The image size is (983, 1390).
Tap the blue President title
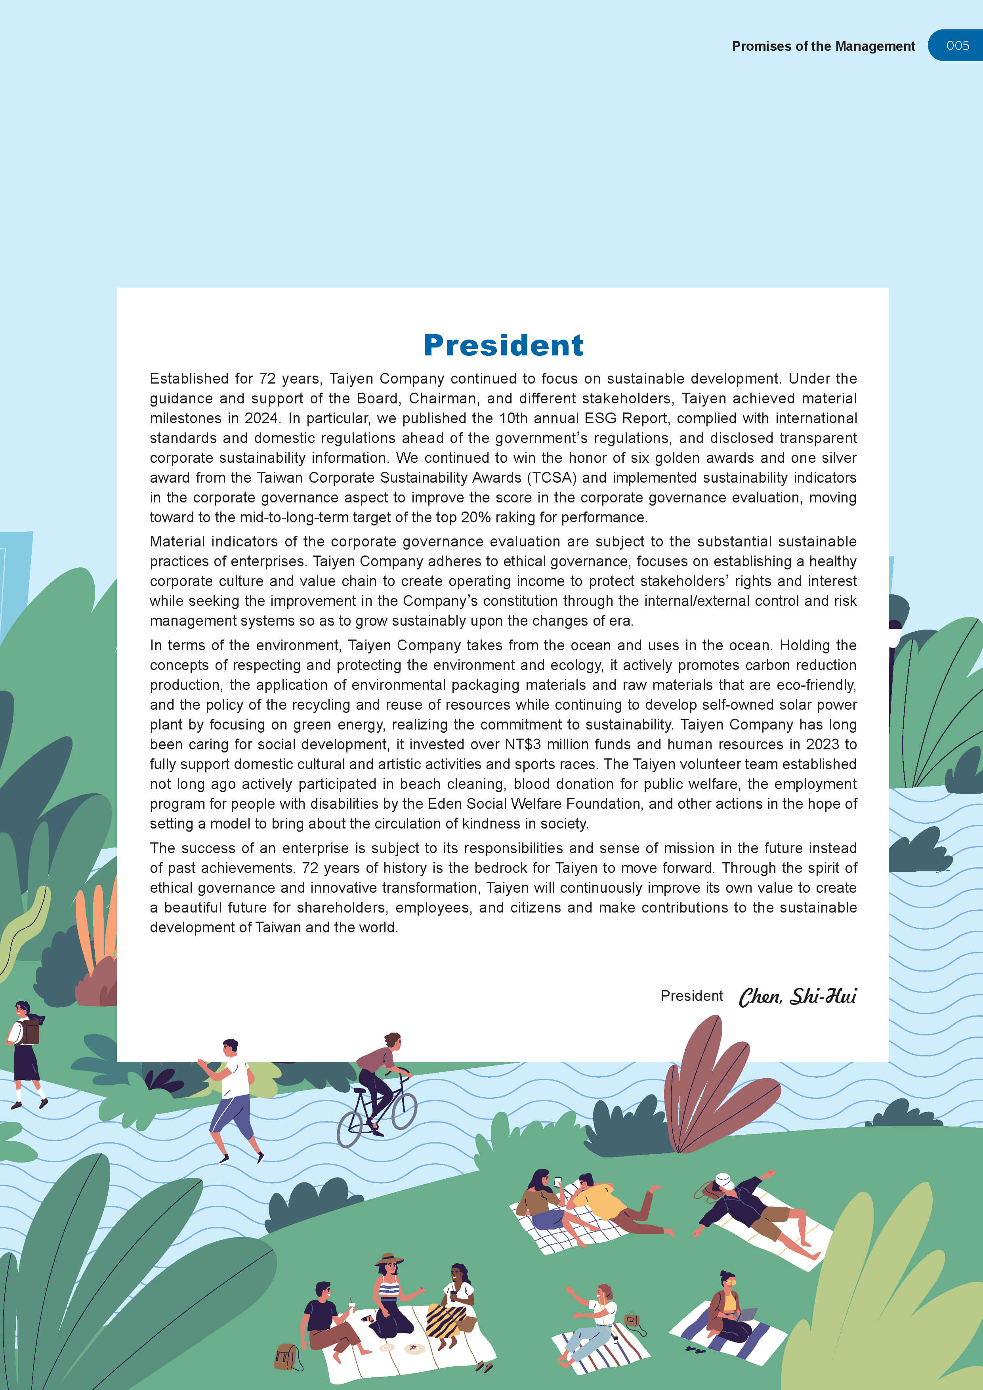503,345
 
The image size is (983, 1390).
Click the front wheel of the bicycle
404,1111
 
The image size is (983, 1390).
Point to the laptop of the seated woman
747,1314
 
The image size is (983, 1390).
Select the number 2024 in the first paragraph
261,418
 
